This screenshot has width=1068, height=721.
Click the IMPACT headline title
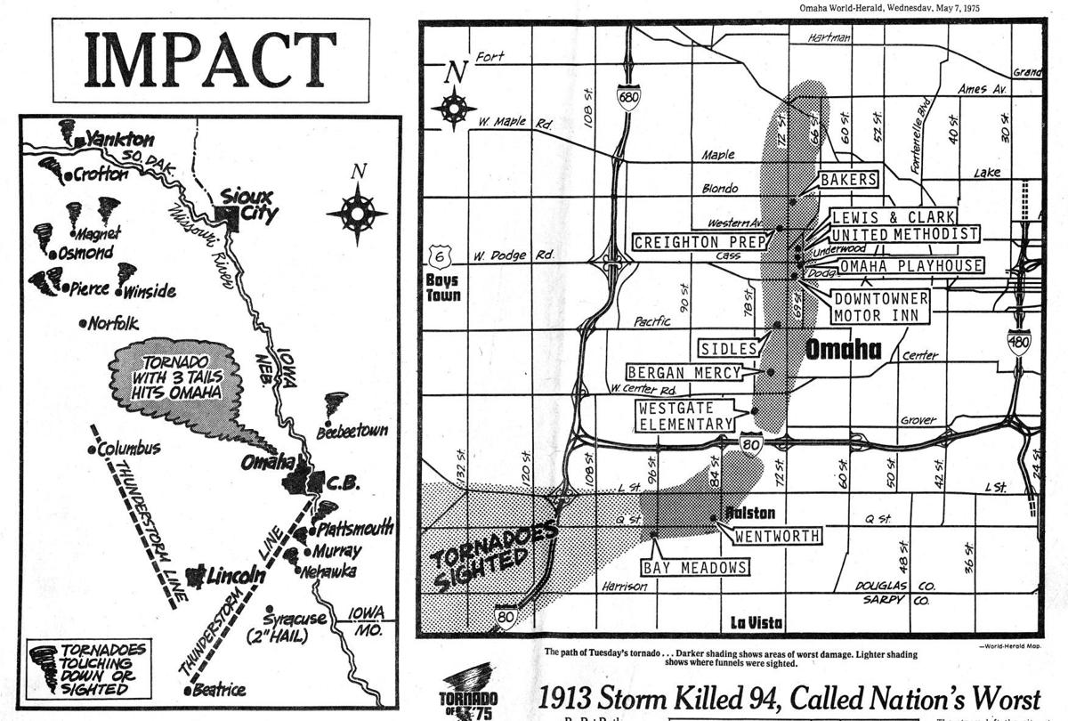(210, 61)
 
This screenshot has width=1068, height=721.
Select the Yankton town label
(120, 140)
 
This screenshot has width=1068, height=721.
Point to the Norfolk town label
(113, 323)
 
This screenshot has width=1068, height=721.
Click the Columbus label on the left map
(129, 448)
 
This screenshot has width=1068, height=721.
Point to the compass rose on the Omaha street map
(454, 108)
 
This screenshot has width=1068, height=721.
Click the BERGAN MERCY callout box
(684, 372)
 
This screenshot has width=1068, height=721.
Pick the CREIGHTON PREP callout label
(701, 242)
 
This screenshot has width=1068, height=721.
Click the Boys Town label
(443, 287)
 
